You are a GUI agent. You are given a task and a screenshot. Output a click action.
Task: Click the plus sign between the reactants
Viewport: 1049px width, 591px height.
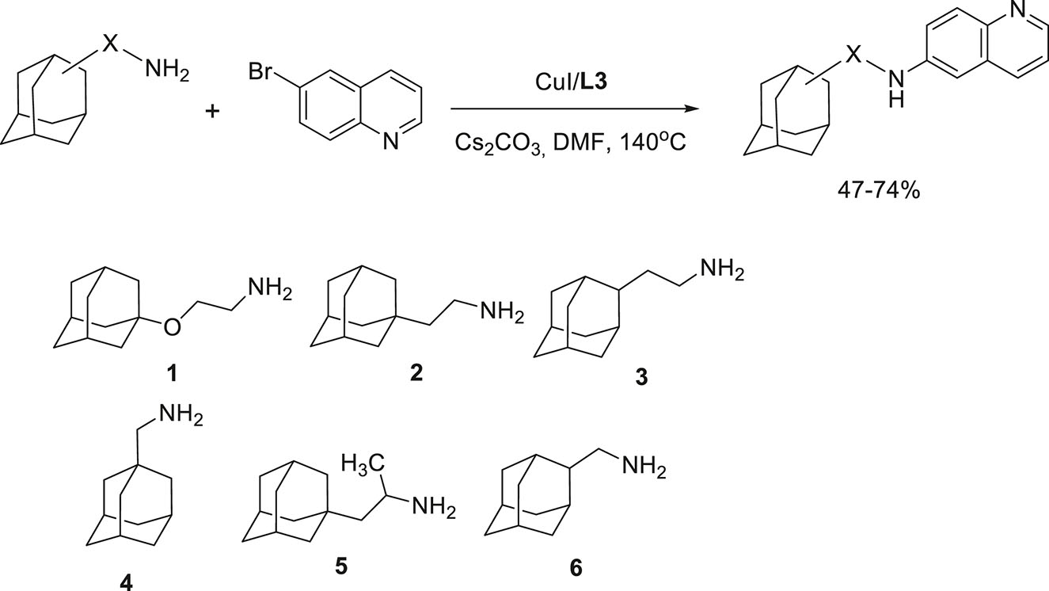tap(212, 112)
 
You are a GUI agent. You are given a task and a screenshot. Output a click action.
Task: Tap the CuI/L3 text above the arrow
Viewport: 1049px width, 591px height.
tap(571, 82)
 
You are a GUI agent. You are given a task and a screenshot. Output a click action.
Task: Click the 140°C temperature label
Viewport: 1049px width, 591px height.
tap(653, 142)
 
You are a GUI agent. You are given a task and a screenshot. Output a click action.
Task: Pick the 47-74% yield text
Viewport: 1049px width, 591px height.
tap(879, 191)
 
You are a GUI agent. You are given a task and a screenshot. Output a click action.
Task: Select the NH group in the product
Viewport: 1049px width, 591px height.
tap(896, 90)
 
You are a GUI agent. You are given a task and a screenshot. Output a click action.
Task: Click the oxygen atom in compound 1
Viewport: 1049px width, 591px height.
tap(172, 327)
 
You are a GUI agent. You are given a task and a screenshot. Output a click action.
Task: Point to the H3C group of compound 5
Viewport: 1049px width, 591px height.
tap(363, 463)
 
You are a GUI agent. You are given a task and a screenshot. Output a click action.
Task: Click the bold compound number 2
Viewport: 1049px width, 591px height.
tap(416, 372)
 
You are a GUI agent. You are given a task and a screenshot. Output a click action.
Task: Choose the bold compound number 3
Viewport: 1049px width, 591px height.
tap(641, 377)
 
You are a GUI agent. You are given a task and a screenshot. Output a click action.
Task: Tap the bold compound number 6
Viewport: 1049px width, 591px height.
tap(576, 568)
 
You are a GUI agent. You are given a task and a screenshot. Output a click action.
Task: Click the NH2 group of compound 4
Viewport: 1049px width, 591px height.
tap(181, 416)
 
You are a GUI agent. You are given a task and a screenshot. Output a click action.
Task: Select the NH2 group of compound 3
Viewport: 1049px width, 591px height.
tap(722, 270)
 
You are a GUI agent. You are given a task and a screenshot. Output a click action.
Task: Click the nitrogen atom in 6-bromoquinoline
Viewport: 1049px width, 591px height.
tap(390, 141)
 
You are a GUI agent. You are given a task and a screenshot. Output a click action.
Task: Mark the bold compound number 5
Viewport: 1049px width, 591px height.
tap(341, 566)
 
